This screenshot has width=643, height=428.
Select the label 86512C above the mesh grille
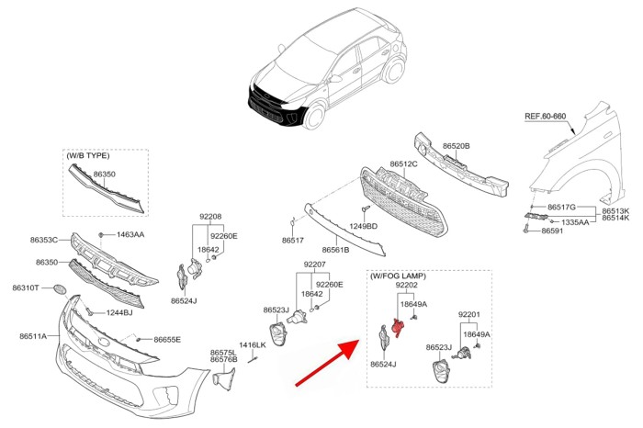403,164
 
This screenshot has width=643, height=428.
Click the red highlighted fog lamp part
397,327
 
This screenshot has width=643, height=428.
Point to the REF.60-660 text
545,117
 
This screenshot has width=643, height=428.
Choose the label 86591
552,231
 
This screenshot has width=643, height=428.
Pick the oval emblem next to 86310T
61,289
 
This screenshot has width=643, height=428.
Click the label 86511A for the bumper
32,336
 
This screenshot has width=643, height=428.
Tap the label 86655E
167,340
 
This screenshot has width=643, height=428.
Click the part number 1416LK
253,345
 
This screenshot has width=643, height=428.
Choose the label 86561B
335,249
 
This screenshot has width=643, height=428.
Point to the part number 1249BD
364,225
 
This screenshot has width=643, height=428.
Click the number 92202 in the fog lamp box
407,287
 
